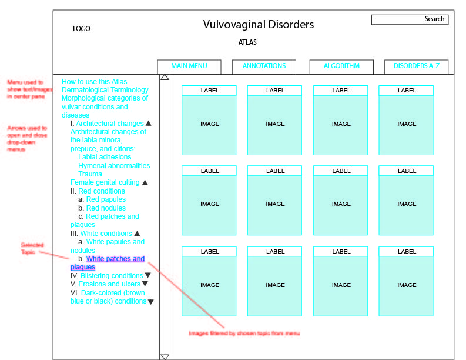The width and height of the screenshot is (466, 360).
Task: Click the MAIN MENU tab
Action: coord(189,66)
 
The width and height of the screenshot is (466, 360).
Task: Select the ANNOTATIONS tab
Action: coord(264,66)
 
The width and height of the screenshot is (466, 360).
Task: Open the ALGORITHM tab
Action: coord(341,66)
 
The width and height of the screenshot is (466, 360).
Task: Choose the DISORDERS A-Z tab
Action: coord(416,66)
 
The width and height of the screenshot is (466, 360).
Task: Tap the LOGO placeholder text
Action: coord(82,29)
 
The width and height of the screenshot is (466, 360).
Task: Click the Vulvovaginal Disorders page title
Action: coord(259,25)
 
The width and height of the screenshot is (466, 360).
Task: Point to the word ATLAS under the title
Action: coord(247,42)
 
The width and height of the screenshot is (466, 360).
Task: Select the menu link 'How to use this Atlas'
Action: coord(95,82)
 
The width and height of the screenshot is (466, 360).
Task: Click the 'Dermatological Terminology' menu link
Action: coord(105,90)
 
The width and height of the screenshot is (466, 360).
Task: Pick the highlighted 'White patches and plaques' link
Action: coord(115,259)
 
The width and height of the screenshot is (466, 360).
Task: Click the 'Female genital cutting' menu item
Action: coord(105,182)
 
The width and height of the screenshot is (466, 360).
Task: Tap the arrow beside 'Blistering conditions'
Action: coord(148,275)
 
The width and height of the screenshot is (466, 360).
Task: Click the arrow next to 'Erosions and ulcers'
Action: coord(145,284)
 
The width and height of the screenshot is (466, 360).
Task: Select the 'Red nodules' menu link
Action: coord(106,208)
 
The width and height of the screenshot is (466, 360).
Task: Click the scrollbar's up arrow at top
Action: coord(165,77)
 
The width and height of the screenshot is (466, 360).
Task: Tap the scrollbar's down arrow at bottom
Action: coord(165,356)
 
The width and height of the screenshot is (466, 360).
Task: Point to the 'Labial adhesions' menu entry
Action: coord(105,157)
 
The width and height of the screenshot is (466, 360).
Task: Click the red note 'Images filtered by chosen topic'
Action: coord(244,334)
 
